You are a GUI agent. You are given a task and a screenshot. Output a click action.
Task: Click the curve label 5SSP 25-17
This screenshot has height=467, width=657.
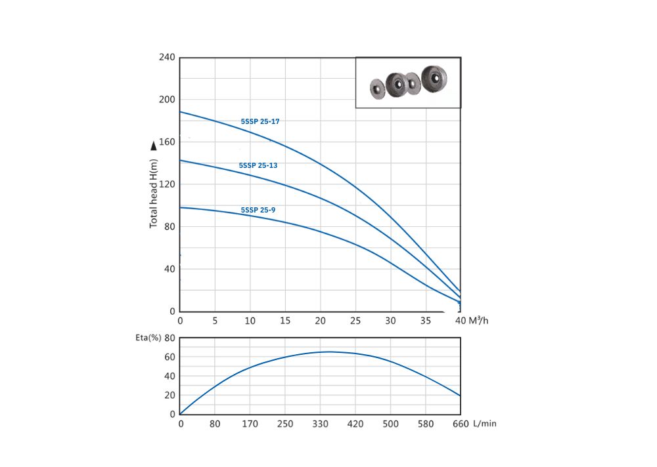(260, 121)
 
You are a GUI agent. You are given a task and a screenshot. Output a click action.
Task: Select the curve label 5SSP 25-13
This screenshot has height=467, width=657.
(258, 165)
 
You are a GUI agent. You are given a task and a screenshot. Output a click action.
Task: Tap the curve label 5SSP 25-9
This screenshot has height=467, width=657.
(258, 210)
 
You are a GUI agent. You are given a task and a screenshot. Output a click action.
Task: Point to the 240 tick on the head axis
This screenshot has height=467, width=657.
(167, 58)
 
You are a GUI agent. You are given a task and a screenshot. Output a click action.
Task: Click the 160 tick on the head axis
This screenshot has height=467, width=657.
(167, 142)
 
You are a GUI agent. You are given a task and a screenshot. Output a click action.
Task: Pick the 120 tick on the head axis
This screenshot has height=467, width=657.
(167, 184)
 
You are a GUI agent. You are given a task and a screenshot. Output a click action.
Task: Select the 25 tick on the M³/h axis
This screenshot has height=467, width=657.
(355, 321)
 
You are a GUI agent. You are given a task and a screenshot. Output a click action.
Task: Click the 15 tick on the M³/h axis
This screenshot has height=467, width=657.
(285, 321)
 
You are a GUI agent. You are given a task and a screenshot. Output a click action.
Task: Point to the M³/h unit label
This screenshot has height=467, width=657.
(479, 321)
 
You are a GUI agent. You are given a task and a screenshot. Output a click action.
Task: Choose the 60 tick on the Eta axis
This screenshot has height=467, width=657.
(169, 357)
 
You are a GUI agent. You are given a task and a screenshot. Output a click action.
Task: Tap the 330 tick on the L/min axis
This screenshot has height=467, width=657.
(321, 424)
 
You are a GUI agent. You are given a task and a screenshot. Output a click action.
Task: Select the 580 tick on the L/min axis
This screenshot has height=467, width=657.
(426, 424)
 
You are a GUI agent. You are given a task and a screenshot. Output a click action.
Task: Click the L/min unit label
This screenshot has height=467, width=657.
(485, 424)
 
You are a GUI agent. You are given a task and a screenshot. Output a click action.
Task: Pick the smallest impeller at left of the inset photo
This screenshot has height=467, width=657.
(376, 89)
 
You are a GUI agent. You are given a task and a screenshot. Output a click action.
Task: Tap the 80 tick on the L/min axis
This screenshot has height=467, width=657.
(215, 424)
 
